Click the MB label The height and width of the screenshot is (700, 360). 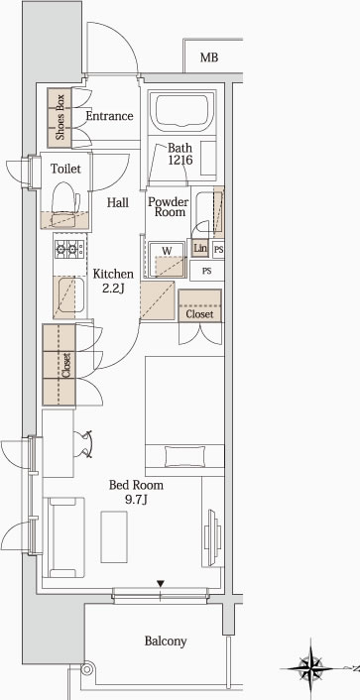[209, 58]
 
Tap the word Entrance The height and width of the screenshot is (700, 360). [109, 116]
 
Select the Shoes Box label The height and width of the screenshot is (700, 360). [60, 118]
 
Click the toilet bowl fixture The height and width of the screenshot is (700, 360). [65, 204]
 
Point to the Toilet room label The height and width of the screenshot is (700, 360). [65, 169]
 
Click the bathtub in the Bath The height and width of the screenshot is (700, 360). [181, 110]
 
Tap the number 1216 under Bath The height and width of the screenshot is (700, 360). [180, 160]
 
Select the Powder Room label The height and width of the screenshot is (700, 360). [168, 206]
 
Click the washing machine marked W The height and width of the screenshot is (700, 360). [167, 260]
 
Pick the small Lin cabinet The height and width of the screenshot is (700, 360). [200, 248]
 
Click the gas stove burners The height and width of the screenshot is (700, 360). [70, 249]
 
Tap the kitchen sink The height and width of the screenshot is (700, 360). [70, 296]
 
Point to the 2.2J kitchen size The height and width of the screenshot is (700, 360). [113, 289]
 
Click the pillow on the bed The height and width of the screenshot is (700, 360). [184, 457]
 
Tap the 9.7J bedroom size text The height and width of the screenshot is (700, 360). [136, 500]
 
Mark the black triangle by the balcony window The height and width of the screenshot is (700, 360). [161, 583]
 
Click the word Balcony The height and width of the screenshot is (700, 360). [166, 642]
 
